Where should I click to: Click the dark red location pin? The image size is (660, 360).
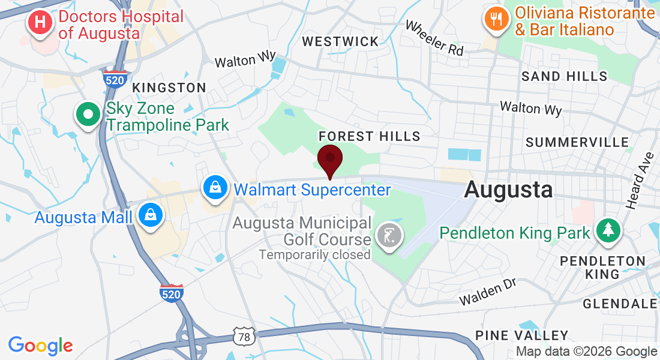pos(329,159)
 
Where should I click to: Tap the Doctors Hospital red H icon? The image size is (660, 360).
pos(40,23)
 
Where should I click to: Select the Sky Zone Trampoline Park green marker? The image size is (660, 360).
pos(88,114)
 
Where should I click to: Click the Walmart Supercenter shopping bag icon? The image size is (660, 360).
pos(214,188)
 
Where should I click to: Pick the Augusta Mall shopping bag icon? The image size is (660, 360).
pos(150,215)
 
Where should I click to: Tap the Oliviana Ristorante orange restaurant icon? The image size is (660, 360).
pos(496,18)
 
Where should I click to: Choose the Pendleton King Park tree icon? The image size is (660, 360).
pos(608,231)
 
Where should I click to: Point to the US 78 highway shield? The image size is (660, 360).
pos(244,337)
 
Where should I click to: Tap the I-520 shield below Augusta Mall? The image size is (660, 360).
pos(171,293)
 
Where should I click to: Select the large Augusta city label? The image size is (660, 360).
pos(508,190)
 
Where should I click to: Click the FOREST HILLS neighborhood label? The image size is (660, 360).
pos(370,136)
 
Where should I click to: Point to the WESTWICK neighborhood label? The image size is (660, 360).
pos(340,41)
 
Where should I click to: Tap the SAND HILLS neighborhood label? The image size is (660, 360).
pos(564,76)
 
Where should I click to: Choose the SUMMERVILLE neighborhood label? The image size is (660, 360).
pos(577,142)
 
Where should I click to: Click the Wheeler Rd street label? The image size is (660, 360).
pos(434,38)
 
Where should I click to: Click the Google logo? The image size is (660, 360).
pos(40,346)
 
